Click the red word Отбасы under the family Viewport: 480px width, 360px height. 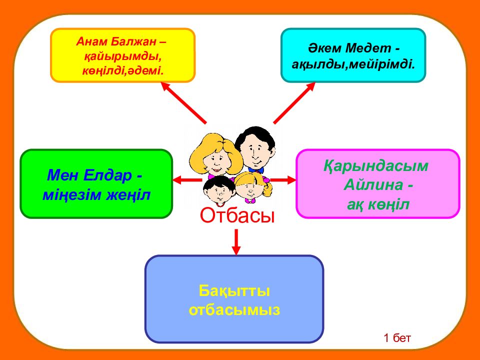(x=237, y=215)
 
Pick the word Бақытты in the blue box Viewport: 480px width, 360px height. (x=234, y=291)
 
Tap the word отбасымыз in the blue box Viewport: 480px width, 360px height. (x=234, y=310)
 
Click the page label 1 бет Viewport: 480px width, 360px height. (x=397, y=338)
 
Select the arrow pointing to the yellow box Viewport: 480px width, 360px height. (x=183, y=103)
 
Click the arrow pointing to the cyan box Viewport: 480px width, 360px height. (x=294, y=103)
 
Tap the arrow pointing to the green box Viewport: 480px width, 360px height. (x=187, y=179)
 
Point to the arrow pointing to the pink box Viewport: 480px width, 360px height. (x=283, y=179)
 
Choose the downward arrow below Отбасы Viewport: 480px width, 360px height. (x=235, y=242)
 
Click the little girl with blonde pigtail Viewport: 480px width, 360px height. (x=252, y=187)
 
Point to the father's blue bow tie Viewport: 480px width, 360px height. (x=256, y=169)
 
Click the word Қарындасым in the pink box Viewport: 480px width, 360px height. (x=376, y=166)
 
